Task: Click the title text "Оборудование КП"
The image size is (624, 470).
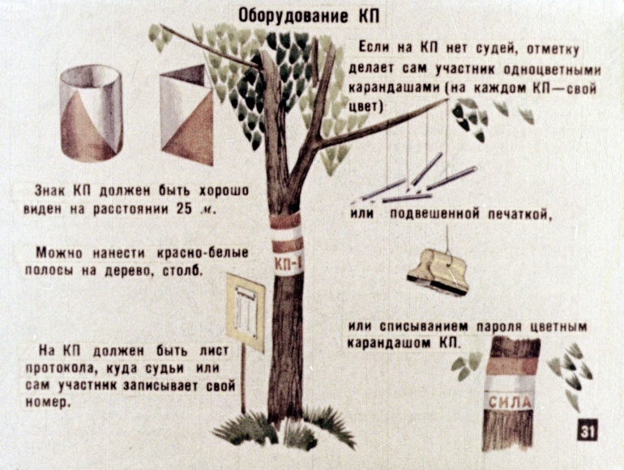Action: [x=309, y=16]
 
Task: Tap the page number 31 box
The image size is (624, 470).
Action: [x=587, y=430]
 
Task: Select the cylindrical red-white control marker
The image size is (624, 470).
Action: [x=91, y=113]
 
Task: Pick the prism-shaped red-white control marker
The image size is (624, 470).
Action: [x=186, y=114]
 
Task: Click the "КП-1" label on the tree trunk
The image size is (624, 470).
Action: [x=288, y=263]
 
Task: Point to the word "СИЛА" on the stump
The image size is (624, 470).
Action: [x=510, y=402]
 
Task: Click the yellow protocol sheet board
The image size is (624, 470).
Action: [x=246, y=312]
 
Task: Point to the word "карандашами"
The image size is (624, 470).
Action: [x=395, y=88]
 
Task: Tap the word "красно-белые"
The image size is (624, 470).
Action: [x=203, y=252]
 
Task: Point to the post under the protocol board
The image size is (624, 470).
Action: [x=243, y=380]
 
